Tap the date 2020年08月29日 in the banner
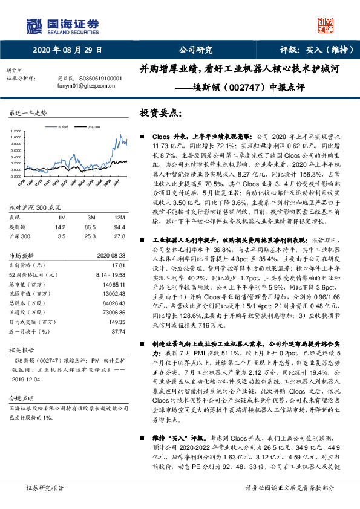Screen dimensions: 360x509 click(68, 50)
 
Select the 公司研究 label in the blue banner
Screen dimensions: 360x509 click(196, 50)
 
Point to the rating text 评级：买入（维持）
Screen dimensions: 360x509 click(315, 50)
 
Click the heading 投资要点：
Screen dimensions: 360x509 click(160, 114)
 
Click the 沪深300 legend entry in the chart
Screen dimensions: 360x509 click(93, 127)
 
